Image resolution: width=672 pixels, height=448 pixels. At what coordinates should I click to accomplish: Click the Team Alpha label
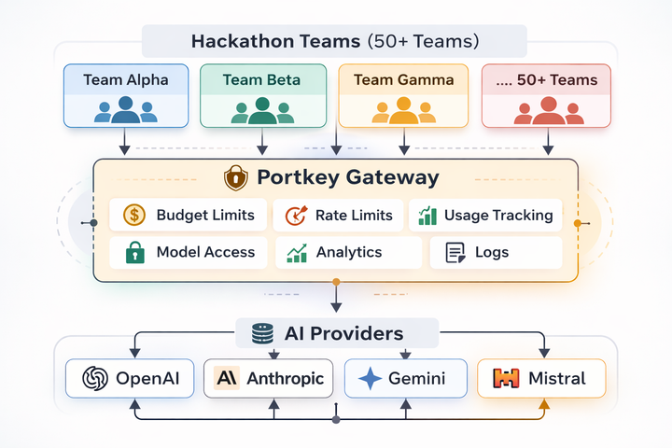click(126, 79)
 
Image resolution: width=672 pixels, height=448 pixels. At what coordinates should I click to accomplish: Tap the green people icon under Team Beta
click(262, 111)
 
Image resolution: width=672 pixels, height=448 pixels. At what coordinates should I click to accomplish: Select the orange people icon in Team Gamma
click(402, 111)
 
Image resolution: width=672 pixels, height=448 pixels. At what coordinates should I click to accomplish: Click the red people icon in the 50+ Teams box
click(546, 111)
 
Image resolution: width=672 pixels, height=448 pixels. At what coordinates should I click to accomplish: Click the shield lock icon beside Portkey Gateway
click(236, 178)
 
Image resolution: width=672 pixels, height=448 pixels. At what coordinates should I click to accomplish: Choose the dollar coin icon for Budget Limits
click(134, 215)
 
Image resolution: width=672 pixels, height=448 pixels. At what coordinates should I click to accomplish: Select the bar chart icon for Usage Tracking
click(427, 216)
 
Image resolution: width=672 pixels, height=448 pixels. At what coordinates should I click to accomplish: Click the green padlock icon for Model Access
click(134, 252)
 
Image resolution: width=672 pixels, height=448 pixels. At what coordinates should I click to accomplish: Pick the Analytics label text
click(348, 252)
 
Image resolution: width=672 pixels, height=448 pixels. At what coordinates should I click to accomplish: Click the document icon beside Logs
click(455, 252)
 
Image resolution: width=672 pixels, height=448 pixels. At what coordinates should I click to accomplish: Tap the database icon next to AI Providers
click(262, 333)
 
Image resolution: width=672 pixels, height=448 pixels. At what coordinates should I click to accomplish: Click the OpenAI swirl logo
click(94, 378)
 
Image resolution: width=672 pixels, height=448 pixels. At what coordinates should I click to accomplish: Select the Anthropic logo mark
click(226, 378)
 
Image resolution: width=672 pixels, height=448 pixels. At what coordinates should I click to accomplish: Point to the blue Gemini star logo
click(371, 378)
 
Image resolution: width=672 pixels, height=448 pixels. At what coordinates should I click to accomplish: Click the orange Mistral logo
click(507, 378)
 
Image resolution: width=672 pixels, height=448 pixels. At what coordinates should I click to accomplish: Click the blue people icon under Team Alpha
click(126, 111)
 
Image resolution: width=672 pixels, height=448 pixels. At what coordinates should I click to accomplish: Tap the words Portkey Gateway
click(348, 177)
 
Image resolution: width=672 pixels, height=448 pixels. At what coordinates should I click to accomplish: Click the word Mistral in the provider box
click(557, 378)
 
